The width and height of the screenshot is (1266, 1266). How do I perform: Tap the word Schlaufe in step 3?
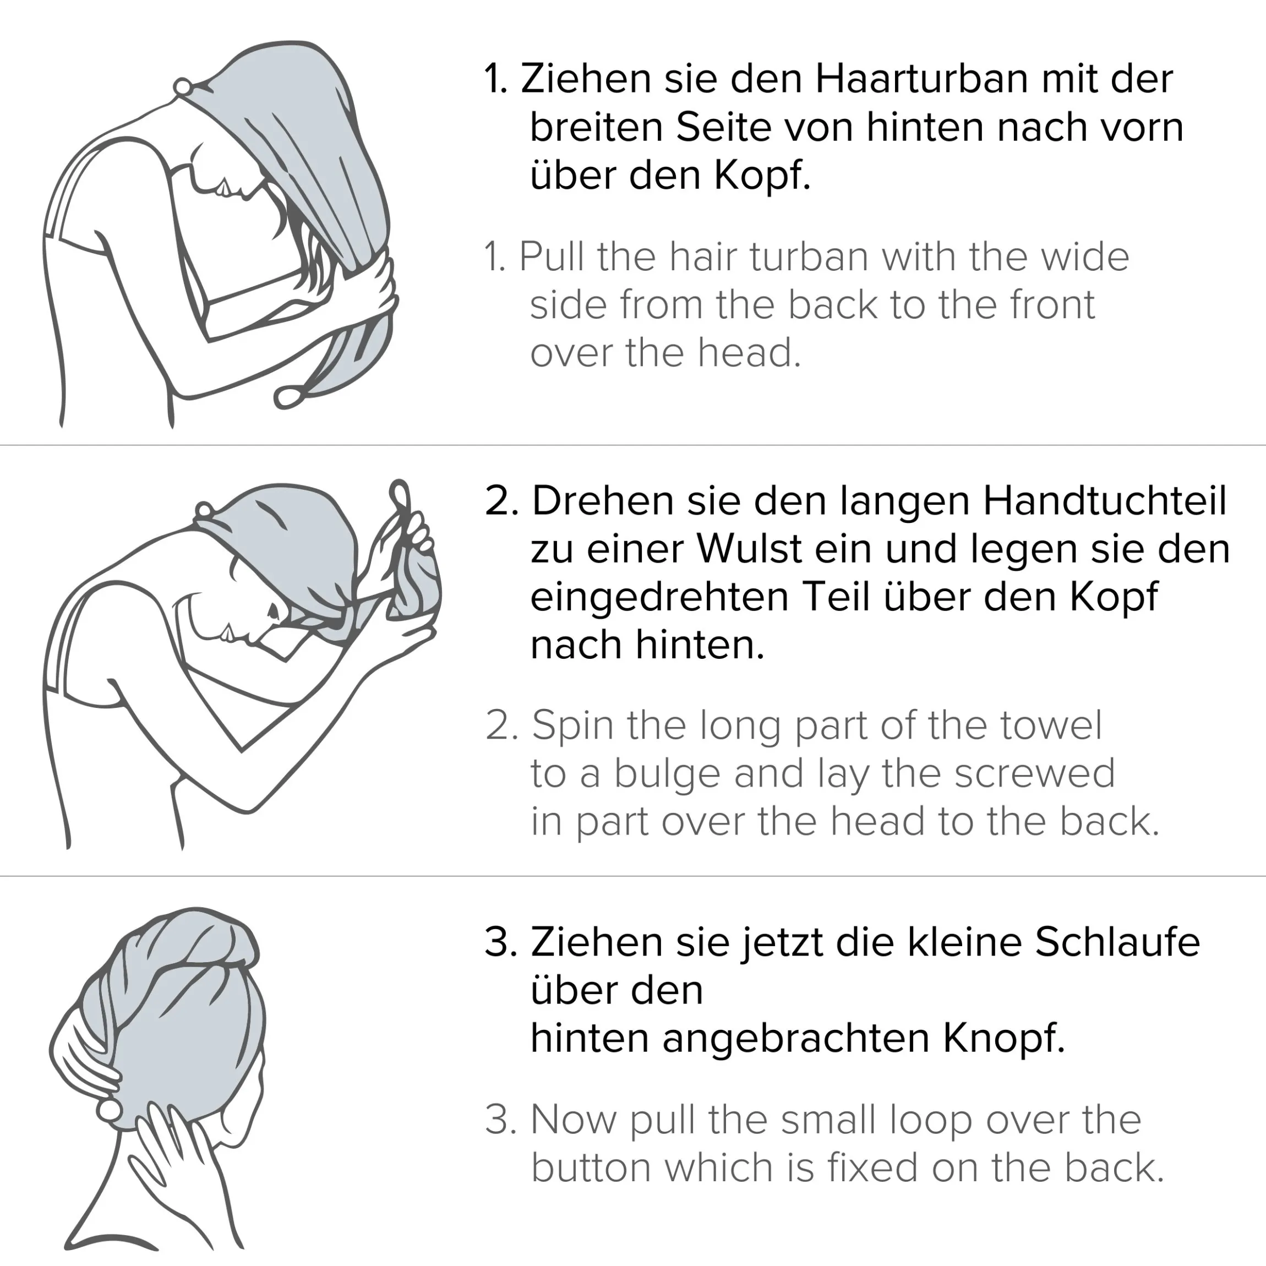pyautogui.click(x=1117, y=942)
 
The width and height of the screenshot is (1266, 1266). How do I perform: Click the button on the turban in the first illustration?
pyautogui.click(x=182, y=86)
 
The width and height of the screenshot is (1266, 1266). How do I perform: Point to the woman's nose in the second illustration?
pyautogui.click(x=272, y=613)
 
